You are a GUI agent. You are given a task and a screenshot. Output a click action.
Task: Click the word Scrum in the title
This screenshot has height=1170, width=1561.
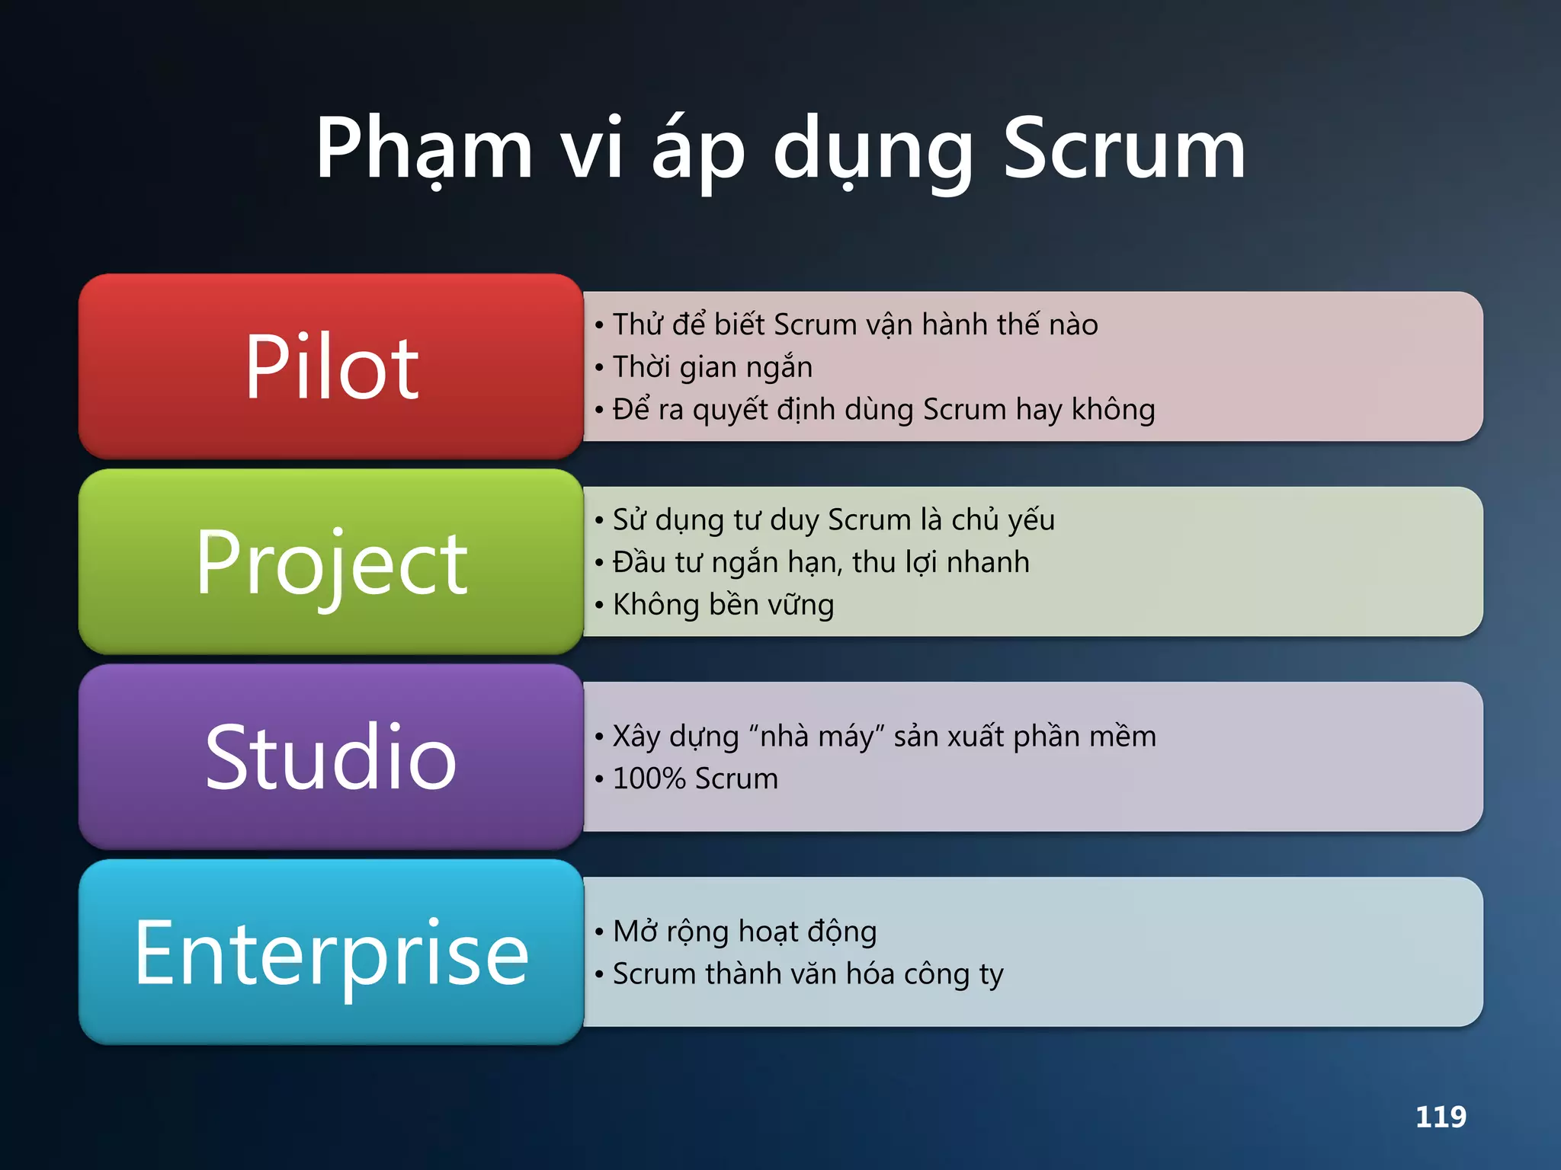point(1123,149)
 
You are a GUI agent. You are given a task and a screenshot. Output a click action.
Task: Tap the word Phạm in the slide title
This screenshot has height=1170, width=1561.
point(424,149)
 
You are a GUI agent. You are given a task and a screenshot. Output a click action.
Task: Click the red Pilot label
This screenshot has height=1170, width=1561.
point(331,367)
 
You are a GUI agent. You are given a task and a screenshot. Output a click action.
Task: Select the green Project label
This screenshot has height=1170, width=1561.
point(331,562)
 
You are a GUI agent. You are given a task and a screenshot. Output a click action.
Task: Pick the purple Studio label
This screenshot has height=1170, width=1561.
point(331,757)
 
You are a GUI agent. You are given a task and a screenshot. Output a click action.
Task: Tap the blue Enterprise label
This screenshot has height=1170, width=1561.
point(331,952)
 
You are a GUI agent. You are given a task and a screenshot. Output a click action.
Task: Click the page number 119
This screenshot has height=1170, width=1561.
point(1441,1117)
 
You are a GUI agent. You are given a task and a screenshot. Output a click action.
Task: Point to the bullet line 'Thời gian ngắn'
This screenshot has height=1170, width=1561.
point(713,367)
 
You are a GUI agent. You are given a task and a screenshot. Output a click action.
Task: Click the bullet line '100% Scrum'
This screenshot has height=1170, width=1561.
point(695,778)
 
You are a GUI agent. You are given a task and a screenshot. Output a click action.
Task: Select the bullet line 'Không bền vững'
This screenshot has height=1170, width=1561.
point(723,605)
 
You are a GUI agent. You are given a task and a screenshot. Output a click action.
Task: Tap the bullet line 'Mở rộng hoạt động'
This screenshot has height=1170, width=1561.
point(745,932)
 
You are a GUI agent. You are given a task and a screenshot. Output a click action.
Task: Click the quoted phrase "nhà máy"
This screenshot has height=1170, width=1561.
point(816,737)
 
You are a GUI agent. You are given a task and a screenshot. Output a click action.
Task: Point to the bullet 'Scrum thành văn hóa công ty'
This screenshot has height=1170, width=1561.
point(808,974)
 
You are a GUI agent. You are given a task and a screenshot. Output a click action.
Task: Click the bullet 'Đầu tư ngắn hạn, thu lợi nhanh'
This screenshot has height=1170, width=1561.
point(821,562)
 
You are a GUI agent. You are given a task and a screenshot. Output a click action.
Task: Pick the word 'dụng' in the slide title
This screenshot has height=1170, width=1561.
point(873,149)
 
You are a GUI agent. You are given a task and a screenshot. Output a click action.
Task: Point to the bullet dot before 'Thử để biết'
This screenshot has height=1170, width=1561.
point(600,326)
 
